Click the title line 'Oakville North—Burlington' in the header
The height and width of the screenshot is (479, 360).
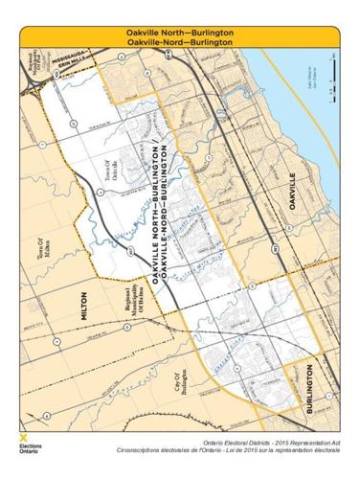click(179, 34)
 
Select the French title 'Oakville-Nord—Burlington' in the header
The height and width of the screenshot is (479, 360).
click(179, 43)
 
